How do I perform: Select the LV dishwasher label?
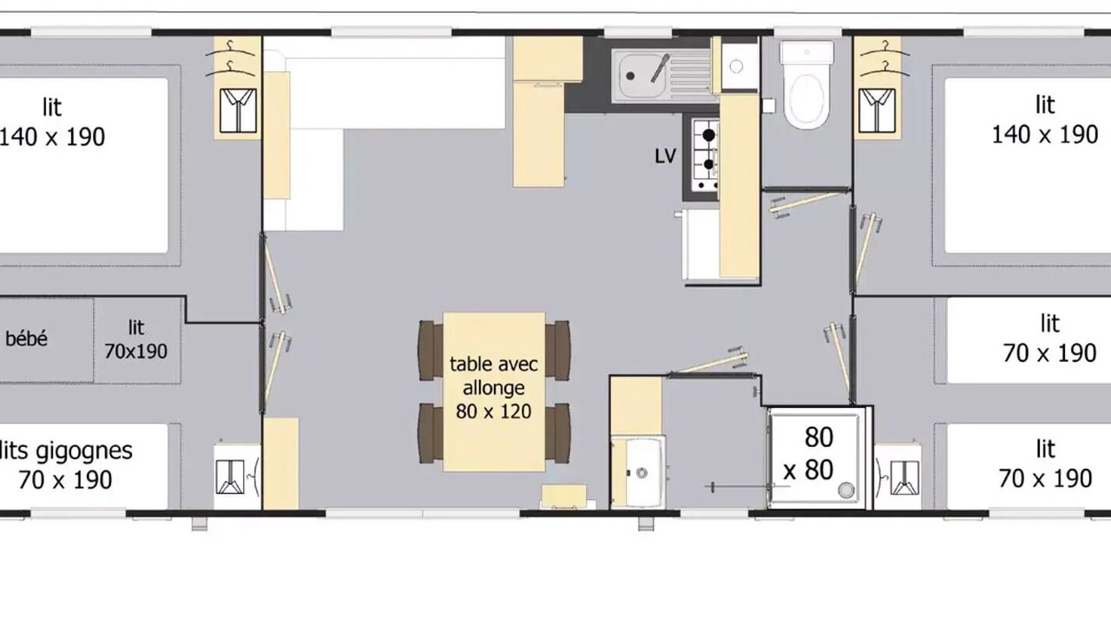(x=665, y=156)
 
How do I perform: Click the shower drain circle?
(x=845, y=490)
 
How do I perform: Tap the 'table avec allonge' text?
(x=494, y=376)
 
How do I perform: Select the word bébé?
(x=26, y=339)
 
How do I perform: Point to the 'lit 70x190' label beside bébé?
(x=135, y=339)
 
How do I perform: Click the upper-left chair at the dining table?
(x=431, y=350)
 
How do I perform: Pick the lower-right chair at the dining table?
(x=558, y=433)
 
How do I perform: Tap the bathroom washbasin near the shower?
(x=643, y=471)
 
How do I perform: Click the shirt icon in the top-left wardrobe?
(x=238, y=110)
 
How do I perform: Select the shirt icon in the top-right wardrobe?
(x=877, y=110)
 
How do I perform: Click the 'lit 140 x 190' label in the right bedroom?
(x=1044, y=120)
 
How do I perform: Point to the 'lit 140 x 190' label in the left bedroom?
(x=52, y=122)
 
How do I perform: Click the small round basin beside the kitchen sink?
(x=737, y=66)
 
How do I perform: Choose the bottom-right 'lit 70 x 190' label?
(x=1045, y=464)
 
